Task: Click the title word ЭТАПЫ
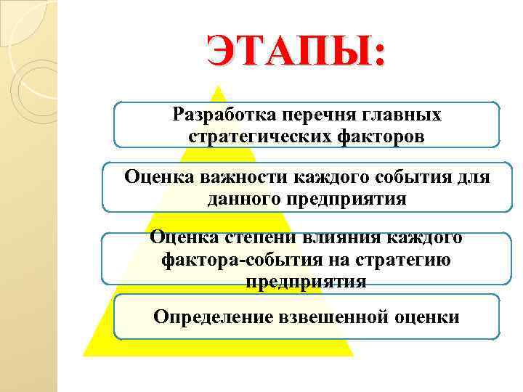coord(289,52)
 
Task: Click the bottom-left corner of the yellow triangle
coord(84,355)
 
